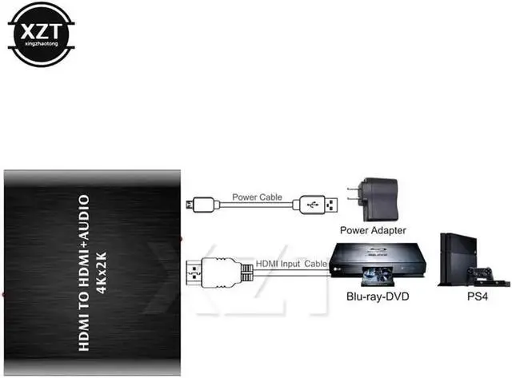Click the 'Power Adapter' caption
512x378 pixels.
[x=373, y=231]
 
